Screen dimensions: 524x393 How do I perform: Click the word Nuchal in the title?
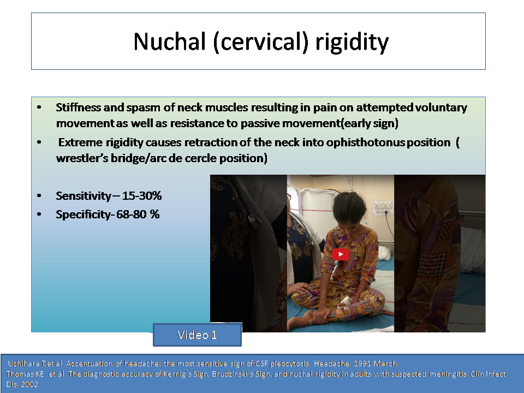(x=169, y=41)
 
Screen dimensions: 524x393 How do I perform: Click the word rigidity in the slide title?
(x=352, y=43)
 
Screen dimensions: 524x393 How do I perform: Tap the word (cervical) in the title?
(x=261, y=43)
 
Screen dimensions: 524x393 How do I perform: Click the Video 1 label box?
(x=197, y=335)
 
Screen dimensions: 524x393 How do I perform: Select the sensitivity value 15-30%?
(x=142, y=195)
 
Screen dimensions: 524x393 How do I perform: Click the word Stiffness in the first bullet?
(x=78, y=108)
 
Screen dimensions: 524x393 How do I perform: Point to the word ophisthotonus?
(x=365, y=142)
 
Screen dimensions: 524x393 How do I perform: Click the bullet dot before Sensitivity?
(x=39, y=196)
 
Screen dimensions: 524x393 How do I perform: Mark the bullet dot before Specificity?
(x=39, y=214)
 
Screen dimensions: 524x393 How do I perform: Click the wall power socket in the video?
(x=382, y=207)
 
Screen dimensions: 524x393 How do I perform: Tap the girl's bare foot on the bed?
(x=297, y=320)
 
